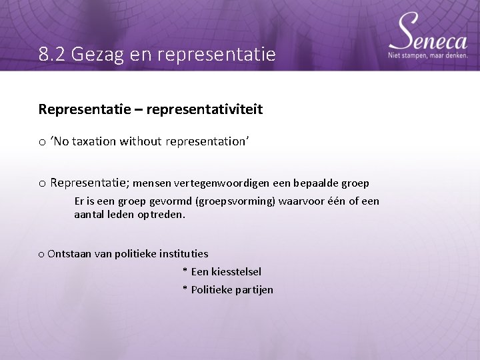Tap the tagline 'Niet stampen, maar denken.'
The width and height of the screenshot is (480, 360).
tap(427, 55)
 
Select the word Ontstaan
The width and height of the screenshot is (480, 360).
tap(70, 254)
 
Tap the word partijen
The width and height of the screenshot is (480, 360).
tap(253, 290)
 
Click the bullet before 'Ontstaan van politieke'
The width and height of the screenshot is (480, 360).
tap(41, 255)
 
